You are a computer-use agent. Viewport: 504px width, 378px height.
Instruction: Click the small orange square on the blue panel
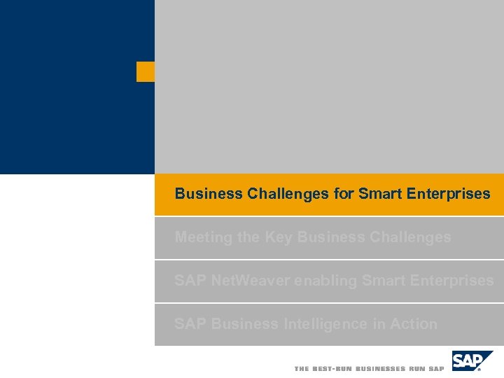[146, 71]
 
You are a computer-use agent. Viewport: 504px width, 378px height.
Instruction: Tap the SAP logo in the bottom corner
[471, 361]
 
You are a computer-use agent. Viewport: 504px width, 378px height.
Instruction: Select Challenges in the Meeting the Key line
[409, 237]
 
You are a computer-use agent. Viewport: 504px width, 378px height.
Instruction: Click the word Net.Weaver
[251, 281]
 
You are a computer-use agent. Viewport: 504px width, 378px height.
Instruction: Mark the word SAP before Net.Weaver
[190, 281]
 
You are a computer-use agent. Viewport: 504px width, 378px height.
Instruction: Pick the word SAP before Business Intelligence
[190, 324]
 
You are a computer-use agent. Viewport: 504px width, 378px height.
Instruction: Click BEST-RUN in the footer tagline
[333, 369]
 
